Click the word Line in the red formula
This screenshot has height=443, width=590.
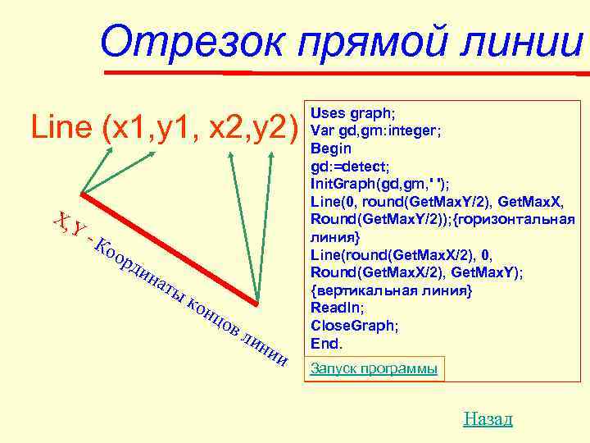point(61,127)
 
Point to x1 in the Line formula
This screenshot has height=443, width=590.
point(127,127)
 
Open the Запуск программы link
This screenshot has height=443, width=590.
point(374,369)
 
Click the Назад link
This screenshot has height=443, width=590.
point(488,419)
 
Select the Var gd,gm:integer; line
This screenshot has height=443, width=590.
point(377,130)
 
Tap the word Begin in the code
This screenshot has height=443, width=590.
point(330,148)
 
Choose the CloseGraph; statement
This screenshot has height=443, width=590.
point(355,326)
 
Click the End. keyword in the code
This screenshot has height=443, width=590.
point(327,343)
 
